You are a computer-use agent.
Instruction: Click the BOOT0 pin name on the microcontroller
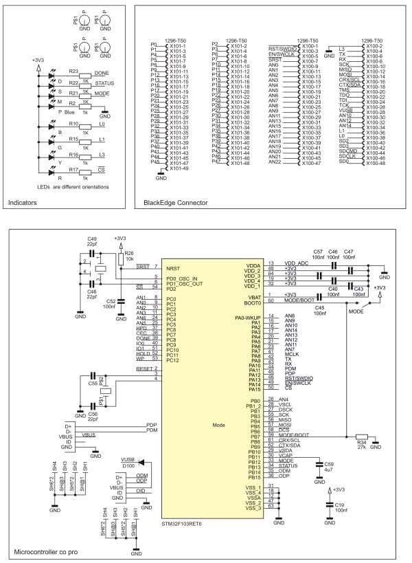(253, 300)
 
